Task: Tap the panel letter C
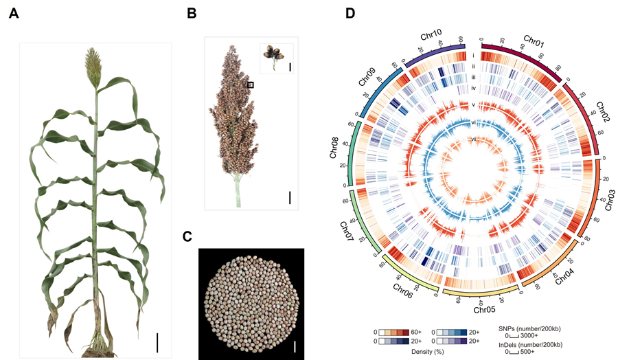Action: pos(187,236)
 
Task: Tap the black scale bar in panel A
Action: pos(157,341)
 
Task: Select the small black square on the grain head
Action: pos(251,85)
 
